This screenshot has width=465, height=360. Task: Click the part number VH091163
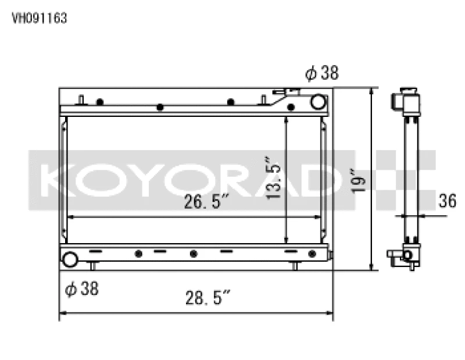tap(40, 18)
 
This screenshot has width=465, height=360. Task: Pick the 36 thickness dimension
tap(447, 201)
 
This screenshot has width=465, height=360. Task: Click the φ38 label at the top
tap(321, 74)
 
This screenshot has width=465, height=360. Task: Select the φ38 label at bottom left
tap(82, 288)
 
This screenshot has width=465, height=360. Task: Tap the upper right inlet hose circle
tap(318, 102)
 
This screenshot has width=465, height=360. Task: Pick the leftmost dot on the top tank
tap(100, 102)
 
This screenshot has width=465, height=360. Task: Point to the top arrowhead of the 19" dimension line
tap(371, 92)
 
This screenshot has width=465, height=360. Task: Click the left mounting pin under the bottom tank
tap(92, 266)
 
